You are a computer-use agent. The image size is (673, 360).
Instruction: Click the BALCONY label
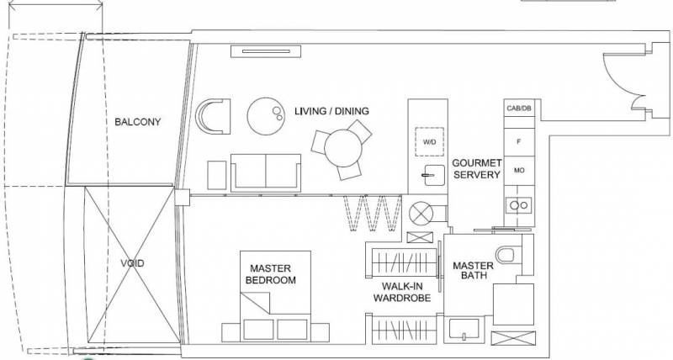tap(137, 122)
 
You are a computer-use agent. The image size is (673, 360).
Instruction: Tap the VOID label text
tap(132, 263)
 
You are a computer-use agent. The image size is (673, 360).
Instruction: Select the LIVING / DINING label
tap(331, 111)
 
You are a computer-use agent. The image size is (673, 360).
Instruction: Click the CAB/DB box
tap(519, 109)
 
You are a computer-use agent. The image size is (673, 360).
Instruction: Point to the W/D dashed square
tap(429, 141)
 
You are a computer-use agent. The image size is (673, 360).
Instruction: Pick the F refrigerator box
tap(519, 141)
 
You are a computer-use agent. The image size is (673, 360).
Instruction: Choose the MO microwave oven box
tap(519, 171)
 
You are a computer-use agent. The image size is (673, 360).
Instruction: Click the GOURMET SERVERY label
tap(477, 168)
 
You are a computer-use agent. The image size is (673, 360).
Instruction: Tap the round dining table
tap(343, 149)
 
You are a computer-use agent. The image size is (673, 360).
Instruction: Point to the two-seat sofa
tap(266, 173)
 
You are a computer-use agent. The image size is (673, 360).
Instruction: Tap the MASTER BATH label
tap(473, 270)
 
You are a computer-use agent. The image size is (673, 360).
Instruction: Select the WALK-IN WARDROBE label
tap(402, 292)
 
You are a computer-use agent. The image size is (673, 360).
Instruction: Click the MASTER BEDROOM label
tap(270, 274)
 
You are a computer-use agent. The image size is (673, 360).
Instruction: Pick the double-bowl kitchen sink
tap(519, 205)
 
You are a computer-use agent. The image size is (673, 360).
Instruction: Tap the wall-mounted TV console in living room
tap(266, 51)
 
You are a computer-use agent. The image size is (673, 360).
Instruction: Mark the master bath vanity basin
tap(464, 329)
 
